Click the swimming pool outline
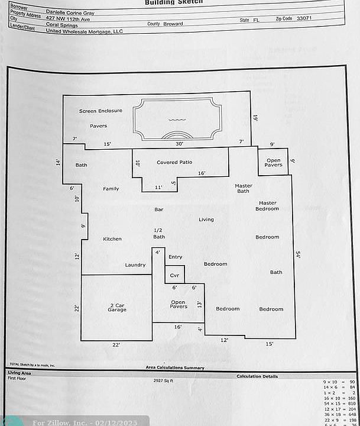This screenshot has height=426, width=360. [x=177, y=119]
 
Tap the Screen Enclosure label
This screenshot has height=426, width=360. [x=100, y=111]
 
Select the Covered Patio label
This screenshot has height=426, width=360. [x=174, y=162]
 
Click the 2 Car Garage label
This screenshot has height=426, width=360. [x=116, y=308]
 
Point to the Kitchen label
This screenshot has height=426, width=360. [x=112, y=239]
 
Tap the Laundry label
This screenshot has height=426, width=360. [x=135, y=265]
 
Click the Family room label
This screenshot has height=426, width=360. [x=111, y=189]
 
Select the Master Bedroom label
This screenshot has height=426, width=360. [x=267, y=205]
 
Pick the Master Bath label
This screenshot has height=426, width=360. [x=243, y=188]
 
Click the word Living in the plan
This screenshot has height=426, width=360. [x=206, y=220]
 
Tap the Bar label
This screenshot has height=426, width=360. [x=158, y=209]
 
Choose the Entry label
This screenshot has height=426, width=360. [x=175, y=257]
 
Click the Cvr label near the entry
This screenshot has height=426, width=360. [x=174, y=276]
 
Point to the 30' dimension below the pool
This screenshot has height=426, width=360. [x=179, y=144]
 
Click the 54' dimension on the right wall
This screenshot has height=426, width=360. [x=299, y=254]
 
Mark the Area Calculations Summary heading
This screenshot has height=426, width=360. [x=175, y=367]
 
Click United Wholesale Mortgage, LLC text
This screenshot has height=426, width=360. [x=84, y=31]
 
